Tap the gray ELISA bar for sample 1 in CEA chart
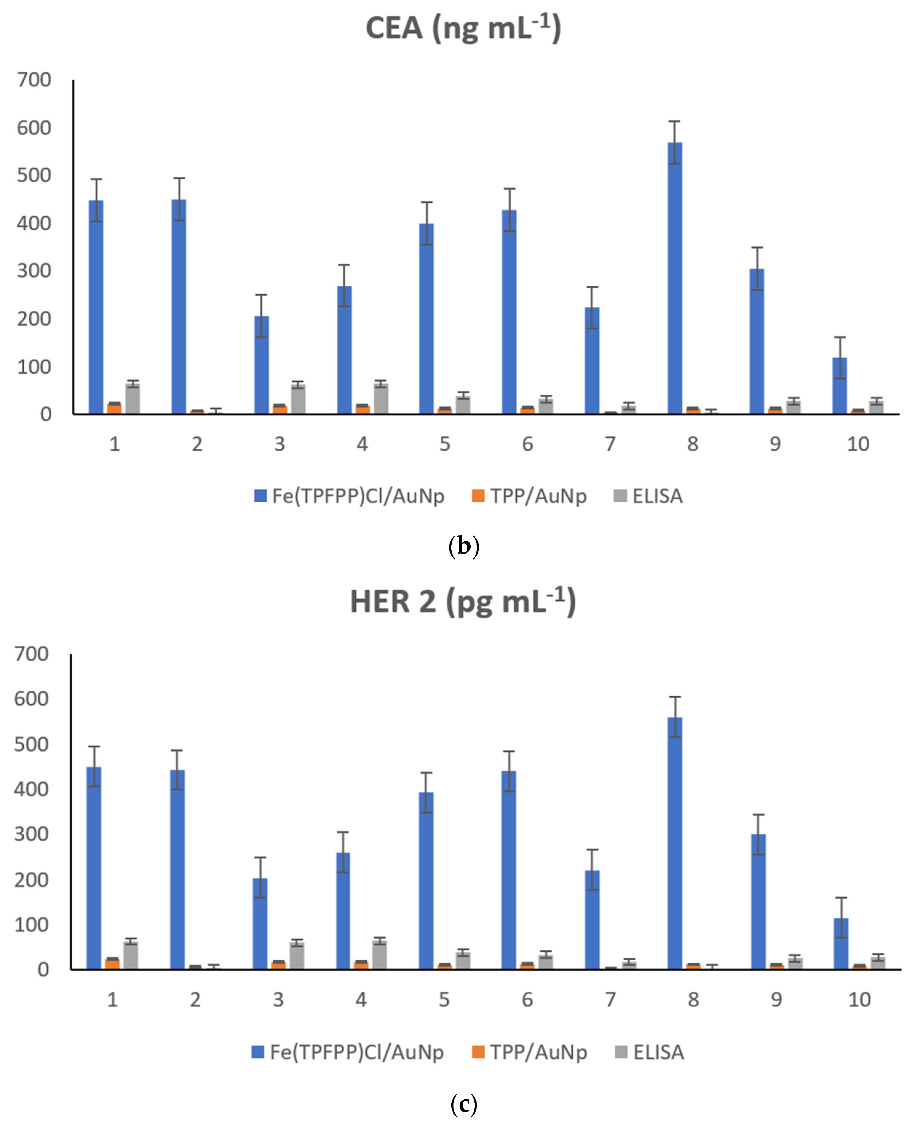point(133,399)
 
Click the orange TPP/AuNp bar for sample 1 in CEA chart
point(114,408)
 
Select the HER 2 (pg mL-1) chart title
point(463,602)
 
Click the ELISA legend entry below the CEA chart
point(649,496)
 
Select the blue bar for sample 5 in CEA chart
point(426,319)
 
